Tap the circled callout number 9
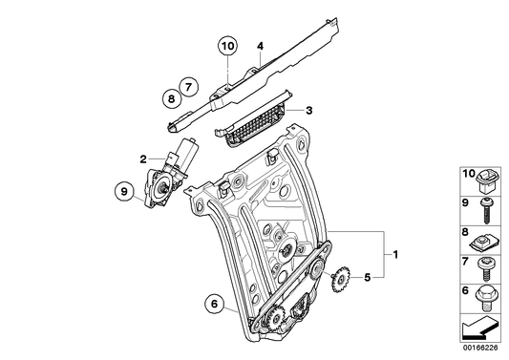122,192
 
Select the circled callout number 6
216,306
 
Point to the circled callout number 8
171,96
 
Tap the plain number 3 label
308,112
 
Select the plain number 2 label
142,159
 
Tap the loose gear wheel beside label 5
337,284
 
